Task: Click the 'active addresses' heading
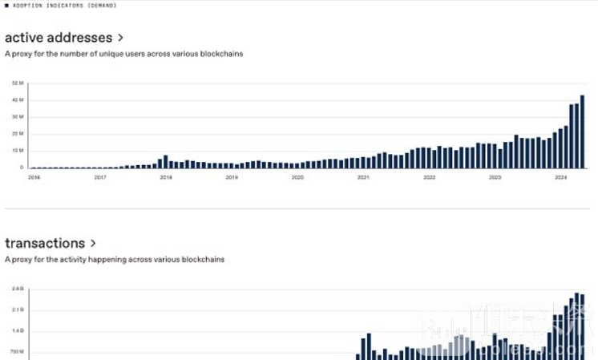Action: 58,38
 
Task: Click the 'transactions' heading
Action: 45,243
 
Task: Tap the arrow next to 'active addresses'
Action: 121,38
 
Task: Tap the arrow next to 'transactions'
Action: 94,243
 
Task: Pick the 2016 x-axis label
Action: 34,177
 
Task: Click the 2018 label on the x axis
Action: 166,177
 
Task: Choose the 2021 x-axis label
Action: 363,177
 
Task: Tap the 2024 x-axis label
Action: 561,177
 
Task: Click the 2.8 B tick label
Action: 17,289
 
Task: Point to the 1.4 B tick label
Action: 17,330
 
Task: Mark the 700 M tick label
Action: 17,351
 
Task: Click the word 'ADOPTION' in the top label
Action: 29,6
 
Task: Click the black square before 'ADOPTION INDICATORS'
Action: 7,6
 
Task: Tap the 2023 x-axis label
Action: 495,177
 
